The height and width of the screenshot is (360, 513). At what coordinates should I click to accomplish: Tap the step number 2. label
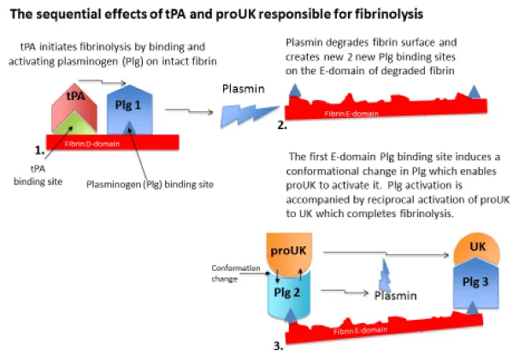pos(281,125)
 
